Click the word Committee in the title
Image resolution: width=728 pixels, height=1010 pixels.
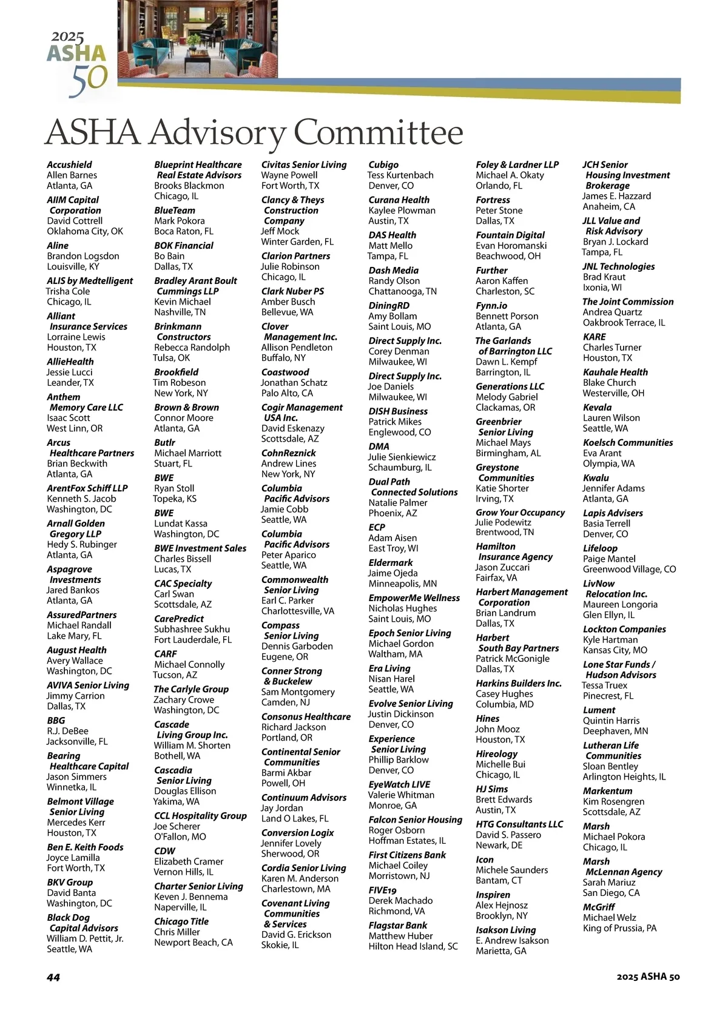pyautogui.click(x=379, y=132)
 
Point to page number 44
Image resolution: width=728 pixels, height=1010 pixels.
pyautogui.click(x=53, y=977)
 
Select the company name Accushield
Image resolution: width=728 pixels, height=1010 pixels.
pyautogui.click(x=70, y=164)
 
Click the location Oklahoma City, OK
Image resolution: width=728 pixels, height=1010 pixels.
pyautogui.click(x=85, y=231)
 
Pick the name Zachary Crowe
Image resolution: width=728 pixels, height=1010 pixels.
pyautogui.click(x=184, y=699)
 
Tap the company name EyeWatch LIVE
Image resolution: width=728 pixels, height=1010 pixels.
pyautogui.click(x=399, y=784)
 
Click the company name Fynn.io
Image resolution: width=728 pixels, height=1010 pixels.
pyautogui.click(x=491, y=306)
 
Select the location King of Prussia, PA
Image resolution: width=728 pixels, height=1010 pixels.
pyautogui.click(x=619, y=928)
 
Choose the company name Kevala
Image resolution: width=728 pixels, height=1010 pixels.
pyautogui.click(x=597, y=408)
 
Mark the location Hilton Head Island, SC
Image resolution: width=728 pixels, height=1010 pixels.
pyautogui.click(x=413, y=946)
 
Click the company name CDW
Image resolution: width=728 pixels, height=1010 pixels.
pyautogui.click(x=164, y=851)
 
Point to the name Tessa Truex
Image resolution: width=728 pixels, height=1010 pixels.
pyautogui.click(x=605, y=685)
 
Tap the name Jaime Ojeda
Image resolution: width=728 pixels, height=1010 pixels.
pyautogui.click(x=393, y=573)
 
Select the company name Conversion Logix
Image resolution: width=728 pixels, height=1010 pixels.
pyautogui.click(x=297, y=833)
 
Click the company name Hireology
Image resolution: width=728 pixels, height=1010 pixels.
pyautogui.click(x=496, y=754)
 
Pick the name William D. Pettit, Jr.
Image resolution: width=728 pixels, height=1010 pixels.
pyautogui.click(x=85, y=938)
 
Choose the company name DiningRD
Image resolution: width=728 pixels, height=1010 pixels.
pyautogui.click(x=389, y=306)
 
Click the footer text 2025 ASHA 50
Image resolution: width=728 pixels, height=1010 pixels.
pyautogui.click(x=648, y=977)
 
